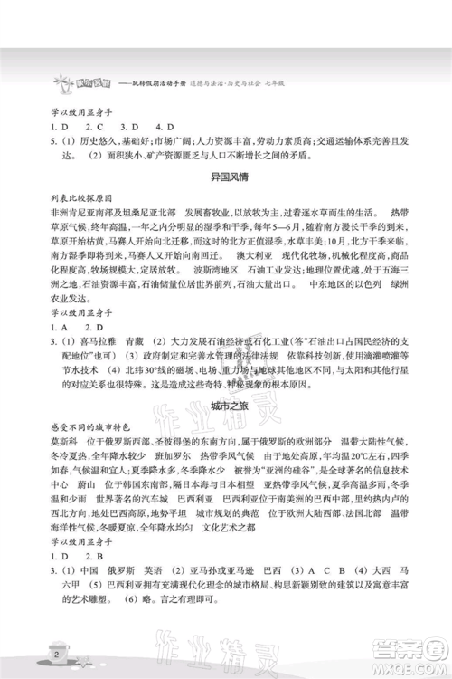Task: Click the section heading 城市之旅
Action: (x=226, y=402)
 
